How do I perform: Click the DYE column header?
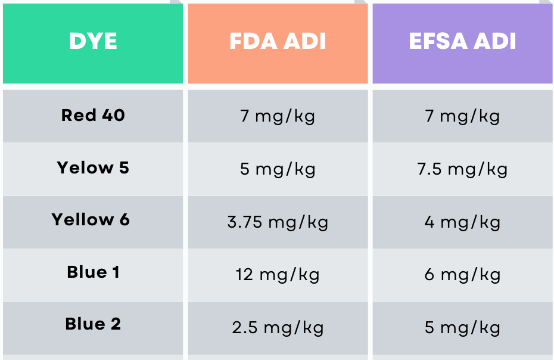pos(93,42)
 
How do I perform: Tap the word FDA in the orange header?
pos(253,42)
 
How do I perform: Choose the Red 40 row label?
pos(93,115)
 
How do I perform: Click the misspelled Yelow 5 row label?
pos(93,167)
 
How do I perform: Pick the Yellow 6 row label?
pos(91,219)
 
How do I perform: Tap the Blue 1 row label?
pos(93,272)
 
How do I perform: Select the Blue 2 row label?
pos(93,324)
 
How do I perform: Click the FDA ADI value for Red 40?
pos(278,116)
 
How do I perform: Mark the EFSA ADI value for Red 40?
pos(462,116)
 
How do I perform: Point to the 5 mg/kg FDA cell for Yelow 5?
pos(278,169)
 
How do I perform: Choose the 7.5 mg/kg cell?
pos(462,169)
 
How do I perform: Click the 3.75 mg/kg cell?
pos(278,222)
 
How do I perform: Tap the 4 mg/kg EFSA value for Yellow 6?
pos(462,222)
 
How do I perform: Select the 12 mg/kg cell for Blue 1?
pos(278,275)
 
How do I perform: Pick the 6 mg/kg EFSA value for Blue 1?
pos(462,275)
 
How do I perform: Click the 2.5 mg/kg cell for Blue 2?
pos(278,328)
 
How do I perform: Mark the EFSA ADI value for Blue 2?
pos(462,328)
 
